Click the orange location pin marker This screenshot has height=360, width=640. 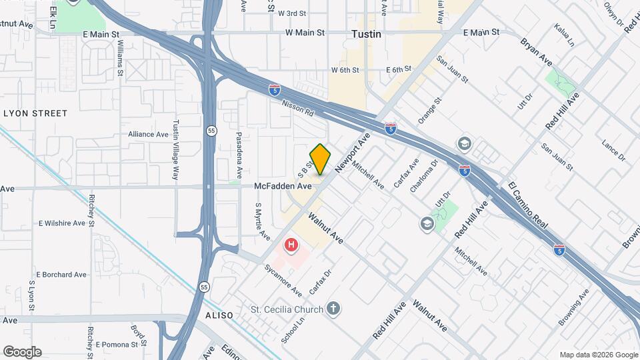(321, 159)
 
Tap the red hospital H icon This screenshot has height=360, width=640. (291, 246)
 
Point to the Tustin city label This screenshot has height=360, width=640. (367, 33)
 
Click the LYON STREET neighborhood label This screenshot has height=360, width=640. (35, 113)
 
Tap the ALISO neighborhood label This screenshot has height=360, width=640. (219, 315)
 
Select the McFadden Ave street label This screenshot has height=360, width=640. (283, 187)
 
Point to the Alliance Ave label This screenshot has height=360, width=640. (148, 134)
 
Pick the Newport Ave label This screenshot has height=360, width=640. (353, 153)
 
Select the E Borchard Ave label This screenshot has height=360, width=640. (61, 274)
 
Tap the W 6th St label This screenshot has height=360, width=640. (345, 70)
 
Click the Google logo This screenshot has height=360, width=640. (22, 351)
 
